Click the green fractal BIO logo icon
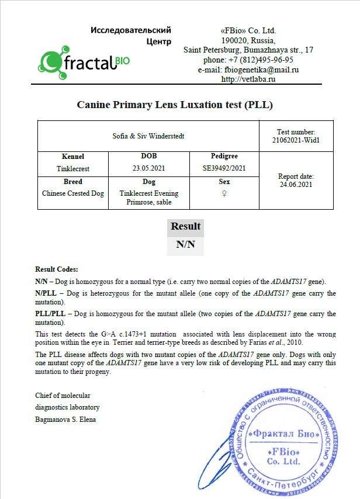click(51, 60)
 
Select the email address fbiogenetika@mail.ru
click(261, 70)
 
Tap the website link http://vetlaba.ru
click(248, 79)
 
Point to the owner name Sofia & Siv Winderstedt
click(148, 136)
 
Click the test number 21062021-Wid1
click(296, 140)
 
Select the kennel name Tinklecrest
click(73, 168)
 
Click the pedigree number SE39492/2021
click(224, 168)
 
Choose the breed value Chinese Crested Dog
click(73, 193)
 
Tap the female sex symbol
click(224, 193)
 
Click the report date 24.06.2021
click(296, 185)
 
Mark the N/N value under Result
click(185, 244)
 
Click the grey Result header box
click(185, 227)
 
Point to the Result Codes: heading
click(57, 269)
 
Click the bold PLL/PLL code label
click(49, 314)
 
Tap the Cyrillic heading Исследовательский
click(131, 30)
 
